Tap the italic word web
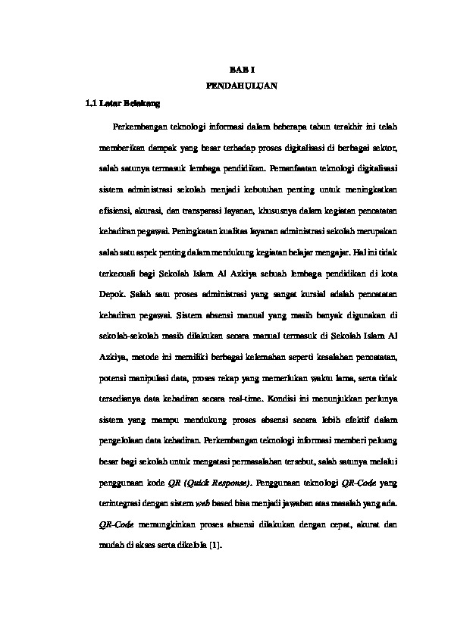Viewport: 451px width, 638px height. click(x=224, y=502)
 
